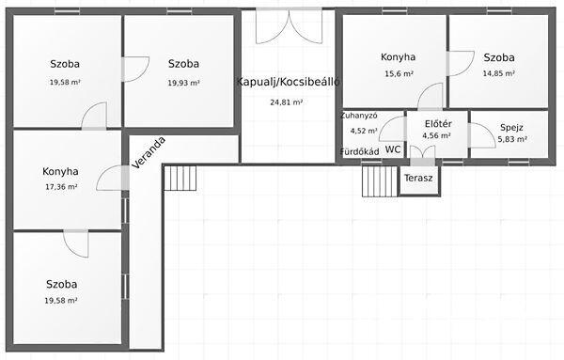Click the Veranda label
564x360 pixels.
(x=149, y=152)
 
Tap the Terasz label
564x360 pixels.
(x=418, y=178)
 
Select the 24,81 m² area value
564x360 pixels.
(x=287, y=102)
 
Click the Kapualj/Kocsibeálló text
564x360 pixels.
(x=289, y=82)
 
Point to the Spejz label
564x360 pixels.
(x=511, y=128)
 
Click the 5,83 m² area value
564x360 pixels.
(x=512, y=139)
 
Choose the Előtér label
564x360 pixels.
(x=438, y=124)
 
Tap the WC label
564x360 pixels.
(x=393, y=149)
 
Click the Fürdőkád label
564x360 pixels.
(x=360, y=151)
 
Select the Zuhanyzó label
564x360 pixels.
(x=359, y=116)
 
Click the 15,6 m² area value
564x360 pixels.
(x=399, y=74)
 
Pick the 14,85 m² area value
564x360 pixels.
(x=498, y=73)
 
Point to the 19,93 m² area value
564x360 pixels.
(x=183, y=83)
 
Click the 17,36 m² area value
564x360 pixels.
(x=61, y=187)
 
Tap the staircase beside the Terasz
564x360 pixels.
(x=380, y=181)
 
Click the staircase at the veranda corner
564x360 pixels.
(x=180, y=178)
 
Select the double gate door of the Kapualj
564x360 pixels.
(x=290, y=26)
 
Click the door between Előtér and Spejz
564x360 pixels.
(x=482, y=135)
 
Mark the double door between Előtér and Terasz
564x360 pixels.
(x=422, y=155)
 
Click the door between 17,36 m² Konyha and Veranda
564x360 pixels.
(x=113, y=178)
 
